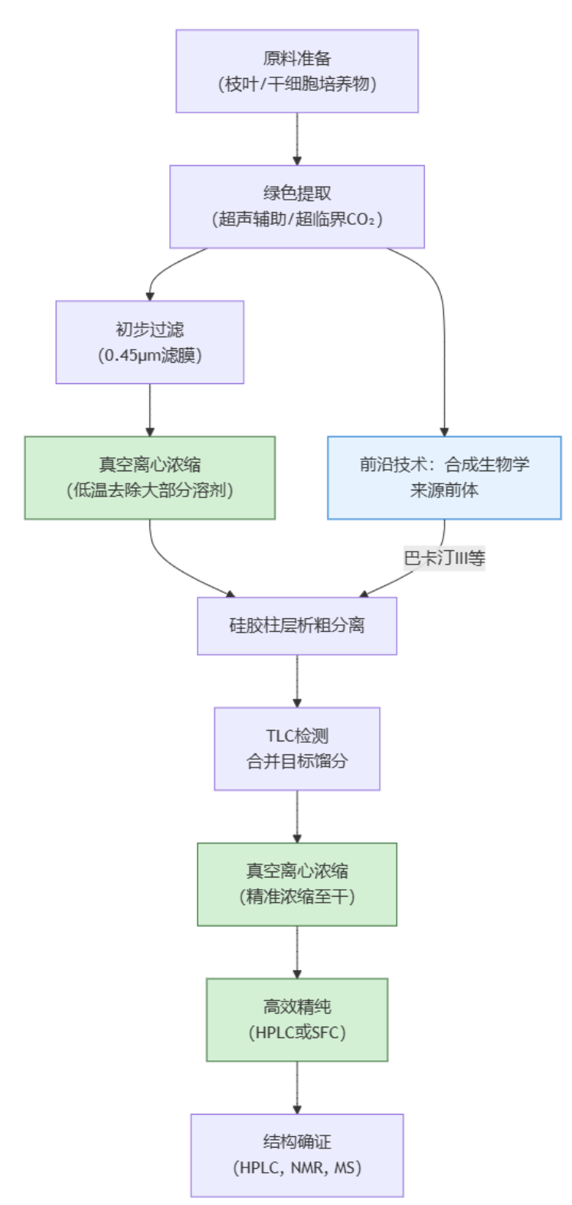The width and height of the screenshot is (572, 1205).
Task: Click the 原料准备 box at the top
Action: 297,71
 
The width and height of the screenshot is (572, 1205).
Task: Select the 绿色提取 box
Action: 297,207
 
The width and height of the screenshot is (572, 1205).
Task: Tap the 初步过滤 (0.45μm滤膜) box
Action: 149,342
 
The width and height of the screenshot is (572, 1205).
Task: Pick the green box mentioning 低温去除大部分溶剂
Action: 149,477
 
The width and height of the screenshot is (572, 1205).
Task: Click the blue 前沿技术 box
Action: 444,477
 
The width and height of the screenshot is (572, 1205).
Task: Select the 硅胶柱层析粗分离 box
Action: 297,626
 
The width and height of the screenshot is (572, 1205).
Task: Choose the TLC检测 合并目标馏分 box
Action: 297,748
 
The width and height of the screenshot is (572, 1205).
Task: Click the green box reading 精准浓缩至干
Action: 297,884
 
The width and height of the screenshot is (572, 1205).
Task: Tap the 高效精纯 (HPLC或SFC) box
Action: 297,1019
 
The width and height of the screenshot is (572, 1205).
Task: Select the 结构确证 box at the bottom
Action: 297,1155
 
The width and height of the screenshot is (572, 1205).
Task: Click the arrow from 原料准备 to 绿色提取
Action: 297,139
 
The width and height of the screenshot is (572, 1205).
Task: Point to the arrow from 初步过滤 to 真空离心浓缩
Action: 149,410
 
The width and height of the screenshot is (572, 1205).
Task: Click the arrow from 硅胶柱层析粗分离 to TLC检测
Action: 297,681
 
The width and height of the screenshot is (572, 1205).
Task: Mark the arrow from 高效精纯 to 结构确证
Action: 297,1087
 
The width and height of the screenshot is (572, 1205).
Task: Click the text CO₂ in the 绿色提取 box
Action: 360,220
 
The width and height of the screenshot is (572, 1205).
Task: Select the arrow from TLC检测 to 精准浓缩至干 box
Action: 297,816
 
